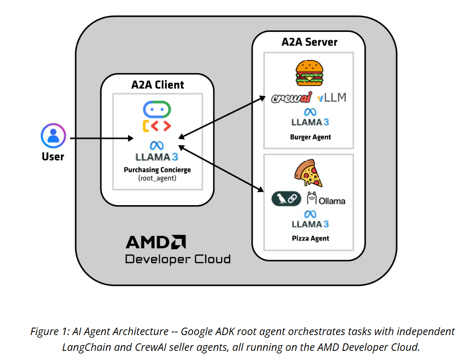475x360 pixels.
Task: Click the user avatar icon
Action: tap(53, 136)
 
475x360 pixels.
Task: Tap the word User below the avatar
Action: tap(53, 157)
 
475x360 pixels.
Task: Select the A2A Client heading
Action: tap(158, 84)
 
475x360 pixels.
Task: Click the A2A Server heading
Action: tap(309, 42)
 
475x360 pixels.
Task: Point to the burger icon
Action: tap(310, 72)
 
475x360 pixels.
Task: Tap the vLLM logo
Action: tap(332, 98)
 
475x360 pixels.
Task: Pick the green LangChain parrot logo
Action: tap(286, 199)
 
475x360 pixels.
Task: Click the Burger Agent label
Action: tap(310, 137)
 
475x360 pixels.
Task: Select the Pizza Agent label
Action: tap(310, 238)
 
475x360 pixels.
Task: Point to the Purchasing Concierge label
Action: tap(157, 170)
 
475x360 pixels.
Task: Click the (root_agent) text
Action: tap(157, 178)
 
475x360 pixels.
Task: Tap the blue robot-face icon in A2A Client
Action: tap(157, 109)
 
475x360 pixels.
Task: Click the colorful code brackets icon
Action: tap(157, 126)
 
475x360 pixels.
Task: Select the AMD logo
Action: tap(156, 242)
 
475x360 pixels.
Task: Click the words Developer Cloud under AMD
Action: tap(177, 259)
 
